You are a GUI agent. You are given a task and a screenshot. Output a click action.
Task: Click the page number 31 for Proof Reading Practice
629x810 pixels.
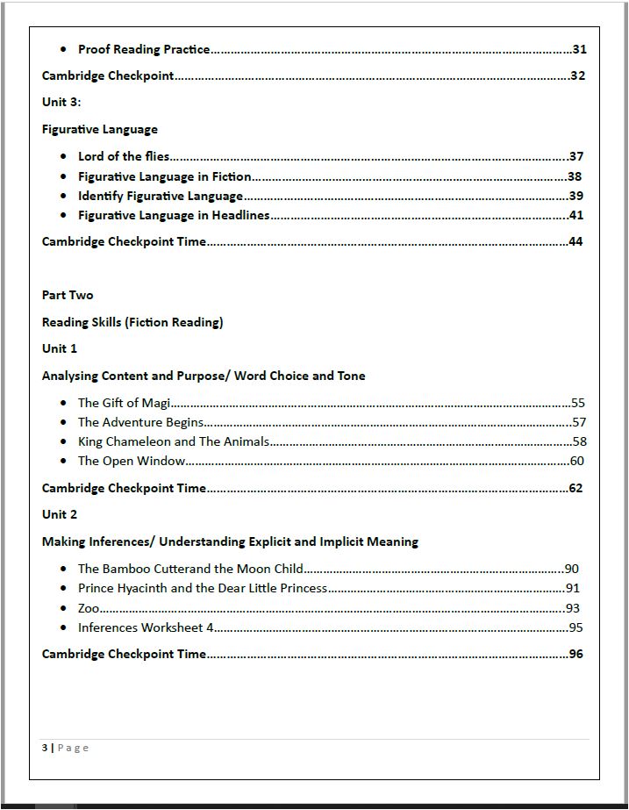tap(579, 50)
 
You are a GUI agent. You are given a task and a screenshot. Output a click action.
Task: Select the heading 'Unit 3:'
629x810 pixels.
tap(61, 103)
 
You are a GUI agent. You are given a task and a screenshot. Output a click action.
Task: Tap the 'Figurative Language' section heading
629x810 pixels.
tap(100, 130)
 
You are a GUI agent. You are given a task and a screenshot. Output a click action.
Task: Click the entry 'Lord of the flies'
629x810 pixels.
tap(124, 157)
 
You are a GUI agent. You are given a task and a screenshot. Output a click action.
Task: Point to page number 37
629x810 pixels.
tap(576, 157)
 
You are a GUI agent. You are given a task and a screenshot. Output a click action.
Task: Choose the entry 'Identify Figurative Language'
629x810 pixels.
tap(161, 197)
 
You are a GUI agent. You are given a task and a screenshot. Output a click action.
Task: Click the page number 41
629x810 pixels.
tap(576, 216)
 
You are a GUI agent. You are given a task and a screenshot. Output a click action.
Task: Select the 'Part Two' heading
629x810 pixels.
tap(68, 296)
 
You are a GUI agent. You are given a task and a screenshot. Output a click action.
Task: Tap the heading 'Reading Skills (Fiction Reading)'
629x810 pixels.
tap(132, 323)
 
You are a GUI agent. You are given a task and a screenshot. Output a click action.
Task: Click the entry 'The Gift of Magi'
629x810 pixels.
tap(124, 404)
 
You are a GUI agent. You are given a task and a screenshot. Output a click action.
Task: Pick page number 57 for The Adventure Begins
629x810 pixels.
tap(579, 423)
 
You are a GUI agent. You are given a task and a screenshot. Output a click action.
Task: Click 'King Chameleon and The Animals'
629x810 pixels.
tap(174, 442)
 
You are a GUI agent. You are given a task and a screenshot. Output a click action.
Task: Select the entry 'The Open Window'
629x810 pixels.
tap(132, 462)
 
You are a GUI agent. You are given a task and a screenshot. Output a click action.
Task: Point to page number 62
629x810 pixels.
tap(575, 489)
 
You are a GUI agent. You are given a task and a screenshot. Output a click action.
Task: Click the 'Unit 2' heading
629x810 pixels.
tap(60, 515)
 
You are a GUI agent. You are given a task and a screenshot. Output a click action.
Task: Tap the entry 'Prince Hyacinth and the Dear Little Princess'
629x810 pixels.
tap(203, 589)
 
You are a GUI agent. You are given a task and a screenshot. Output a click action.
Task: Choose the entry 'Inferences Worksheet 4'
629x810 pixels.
tap(146, 628)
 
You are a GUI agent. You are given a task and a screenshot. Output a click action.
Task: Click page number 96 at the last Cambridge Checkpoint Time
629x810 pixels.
tap(575, 655)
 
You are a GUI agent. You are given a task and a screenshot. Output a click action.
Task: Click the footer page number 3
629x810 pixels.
tap(45, 749)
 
